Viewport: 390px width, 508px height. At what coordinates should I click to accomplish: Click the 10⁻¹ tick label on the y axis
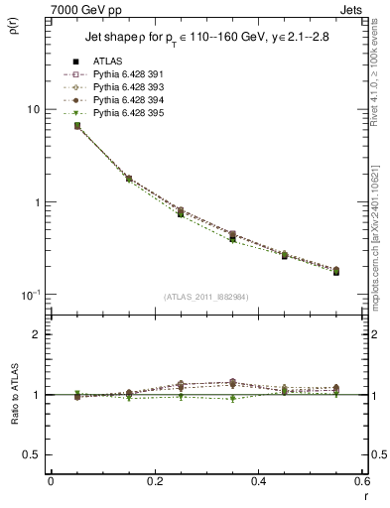[x=32, y=295]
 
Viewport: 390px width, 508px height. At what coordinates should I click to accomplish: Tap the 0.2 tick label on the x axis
[x=154, y=481]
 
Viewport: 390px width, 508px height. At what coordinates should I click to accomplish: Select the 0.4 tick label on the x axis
[x=258, y=481]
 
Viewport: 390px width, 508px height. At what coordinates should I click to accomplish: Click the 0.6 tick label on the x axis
[x=361, y=481]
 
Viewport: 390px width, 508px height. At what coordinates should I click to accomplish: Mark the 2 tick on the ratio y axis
[x=38, y=334]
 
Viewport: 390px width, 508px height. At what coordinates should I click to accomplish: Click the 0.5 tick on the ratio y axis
[x=34, y=454]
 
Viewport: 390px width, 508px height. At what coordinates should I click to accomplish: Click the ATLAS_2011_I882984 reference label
[x=206, y=298]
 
